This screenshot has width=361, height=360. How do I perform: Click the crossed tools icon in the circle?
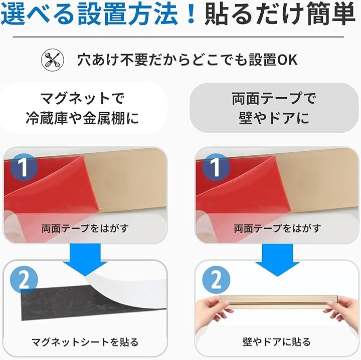53,60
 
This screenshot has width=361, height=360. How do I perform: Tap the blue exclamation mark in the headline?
191,14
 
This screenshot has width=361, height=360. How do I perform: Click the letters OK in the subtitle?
287,60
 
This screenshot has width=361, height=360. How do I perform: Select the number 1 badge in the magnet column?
24,167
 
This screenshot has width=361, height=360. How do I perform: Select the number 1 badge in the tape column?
216,167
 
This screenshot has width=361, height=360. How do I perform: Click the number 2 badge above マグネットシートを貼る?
24,280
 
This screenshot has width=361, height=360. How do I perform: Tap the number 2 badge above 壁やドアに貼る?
216,280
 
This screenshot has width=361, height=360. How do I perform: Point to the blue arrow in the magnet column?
85,259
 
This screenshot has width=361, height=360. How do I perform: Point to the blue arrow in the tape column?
277,259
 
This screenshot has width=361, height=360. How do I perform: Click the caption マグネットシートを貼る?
85,342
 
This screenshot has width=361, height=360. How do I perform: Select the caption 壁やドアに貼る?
276,342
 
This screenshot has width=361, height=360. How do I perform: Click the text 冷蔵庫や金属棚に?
82,118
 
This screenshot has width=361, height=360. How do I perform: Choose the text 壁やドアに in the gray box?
274,118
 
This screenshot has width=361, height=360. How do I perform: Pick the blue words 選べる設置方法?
90,14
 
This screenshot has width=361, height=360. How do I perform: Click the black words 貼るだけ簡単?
279,14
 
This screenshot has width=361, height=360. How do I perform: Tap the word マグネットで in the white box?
82,99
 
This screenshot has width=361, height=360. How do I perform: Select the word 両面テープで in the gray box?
274,99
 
